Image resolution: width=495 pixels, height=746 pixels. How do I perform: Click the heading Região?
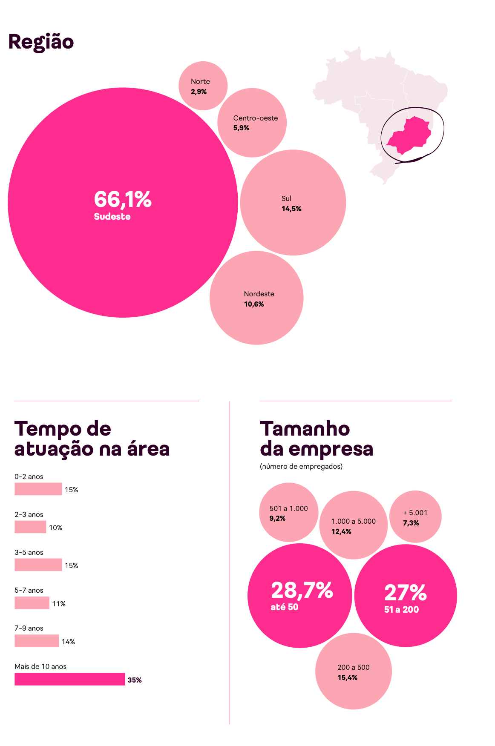[41, 42]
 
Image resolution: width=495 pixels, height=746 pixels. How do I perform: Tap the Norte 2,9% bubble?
[203, 86]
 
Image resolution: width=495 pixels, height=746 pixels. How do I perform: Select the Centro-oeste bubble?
[252, 123]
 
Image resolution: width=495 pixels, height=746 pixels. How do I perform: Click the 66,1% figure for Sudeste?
[123, 199]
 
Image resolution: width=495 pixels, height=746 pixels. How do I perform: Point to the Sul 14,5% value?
[291, 209]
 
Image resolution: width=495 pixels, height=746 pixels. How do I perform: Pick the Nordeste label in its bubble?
[259, 294]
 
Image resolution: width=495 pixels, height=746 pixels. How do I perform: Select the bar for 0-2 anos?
[38, 489]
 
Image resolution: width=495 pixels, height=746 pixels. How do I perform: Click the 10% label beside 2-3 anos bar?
[55, 528]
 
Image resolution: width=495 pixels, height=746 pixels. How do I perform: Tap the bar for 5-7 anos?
[32, 603]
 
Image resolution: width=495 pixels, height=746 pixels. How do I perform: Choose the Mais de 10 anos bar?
[70, 679]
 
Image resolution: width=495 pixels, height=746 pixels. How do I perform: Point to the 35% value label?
[135, 680]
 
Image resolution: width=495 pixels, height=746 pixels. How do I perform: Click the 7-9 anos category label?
[29, 628]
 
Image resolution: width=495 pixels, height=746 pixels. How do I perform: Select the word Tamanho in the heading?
[305, 429]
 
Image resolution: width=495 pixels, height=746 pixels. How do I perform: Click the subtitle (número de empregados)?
[301, 466]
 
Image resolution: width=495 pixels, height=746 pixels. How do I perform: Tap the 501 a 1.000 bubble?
[289, 512]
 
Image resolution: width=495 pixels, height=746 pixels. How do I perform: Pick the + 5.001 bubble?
[415, 516]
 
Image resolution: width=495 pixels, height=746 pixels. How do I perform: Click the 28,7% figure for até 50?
[302, 591]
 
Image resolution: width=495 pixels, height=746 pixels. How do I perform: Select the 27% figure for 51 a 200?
[405, 593]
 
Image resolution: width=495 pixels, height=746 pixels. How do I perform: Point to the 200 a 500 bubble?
[353, 671]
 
